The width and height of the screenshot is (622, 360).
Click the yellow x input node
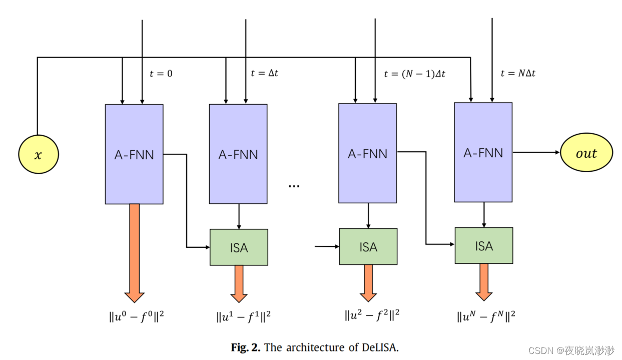(x=38, y=155)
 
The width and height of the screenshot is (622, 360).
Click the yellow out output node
(x=586, y=153)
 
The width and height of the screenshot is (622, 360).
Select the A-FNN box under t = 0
(x=134, y=154)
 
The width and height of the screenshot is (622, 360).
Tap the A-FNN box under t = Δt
(x=238, y=154)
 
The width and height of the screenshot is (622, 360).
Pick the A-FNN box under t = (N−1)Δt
(x=368, y=153)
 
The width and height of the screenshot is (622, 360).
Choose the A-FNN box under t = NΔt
(x=483, y=152)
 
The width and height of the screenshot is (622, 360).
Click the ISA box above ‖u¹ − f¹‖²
(x=239, y=247)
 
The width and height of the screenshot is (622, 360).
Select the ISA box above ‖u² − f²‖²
(x=368, y=247)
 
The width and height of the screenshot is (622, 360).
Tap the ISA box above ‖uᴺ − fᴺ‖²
(x=484, y=245)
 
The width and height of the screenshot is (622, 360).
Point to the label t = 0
(x=161, y=74)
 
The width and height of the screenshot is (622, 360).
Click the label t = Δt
(x=265, y=73)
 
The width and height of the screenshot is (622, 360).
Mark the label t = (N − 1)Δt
(x=414, y=74)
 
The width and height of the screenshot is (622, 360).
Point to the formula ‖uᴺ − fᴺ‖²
(x=486, y=316)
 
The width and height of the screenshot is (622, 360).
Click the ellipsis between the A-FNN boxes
(x=294, y=186)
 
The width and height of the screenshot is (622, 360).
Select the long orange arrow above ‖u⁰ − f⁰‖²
(x=135, y=250)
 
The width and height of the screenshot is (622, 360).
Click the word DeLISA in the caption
(x=378, y=347)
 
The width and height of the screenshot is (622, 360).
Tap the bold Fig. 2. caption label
(x=245, y=347)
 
